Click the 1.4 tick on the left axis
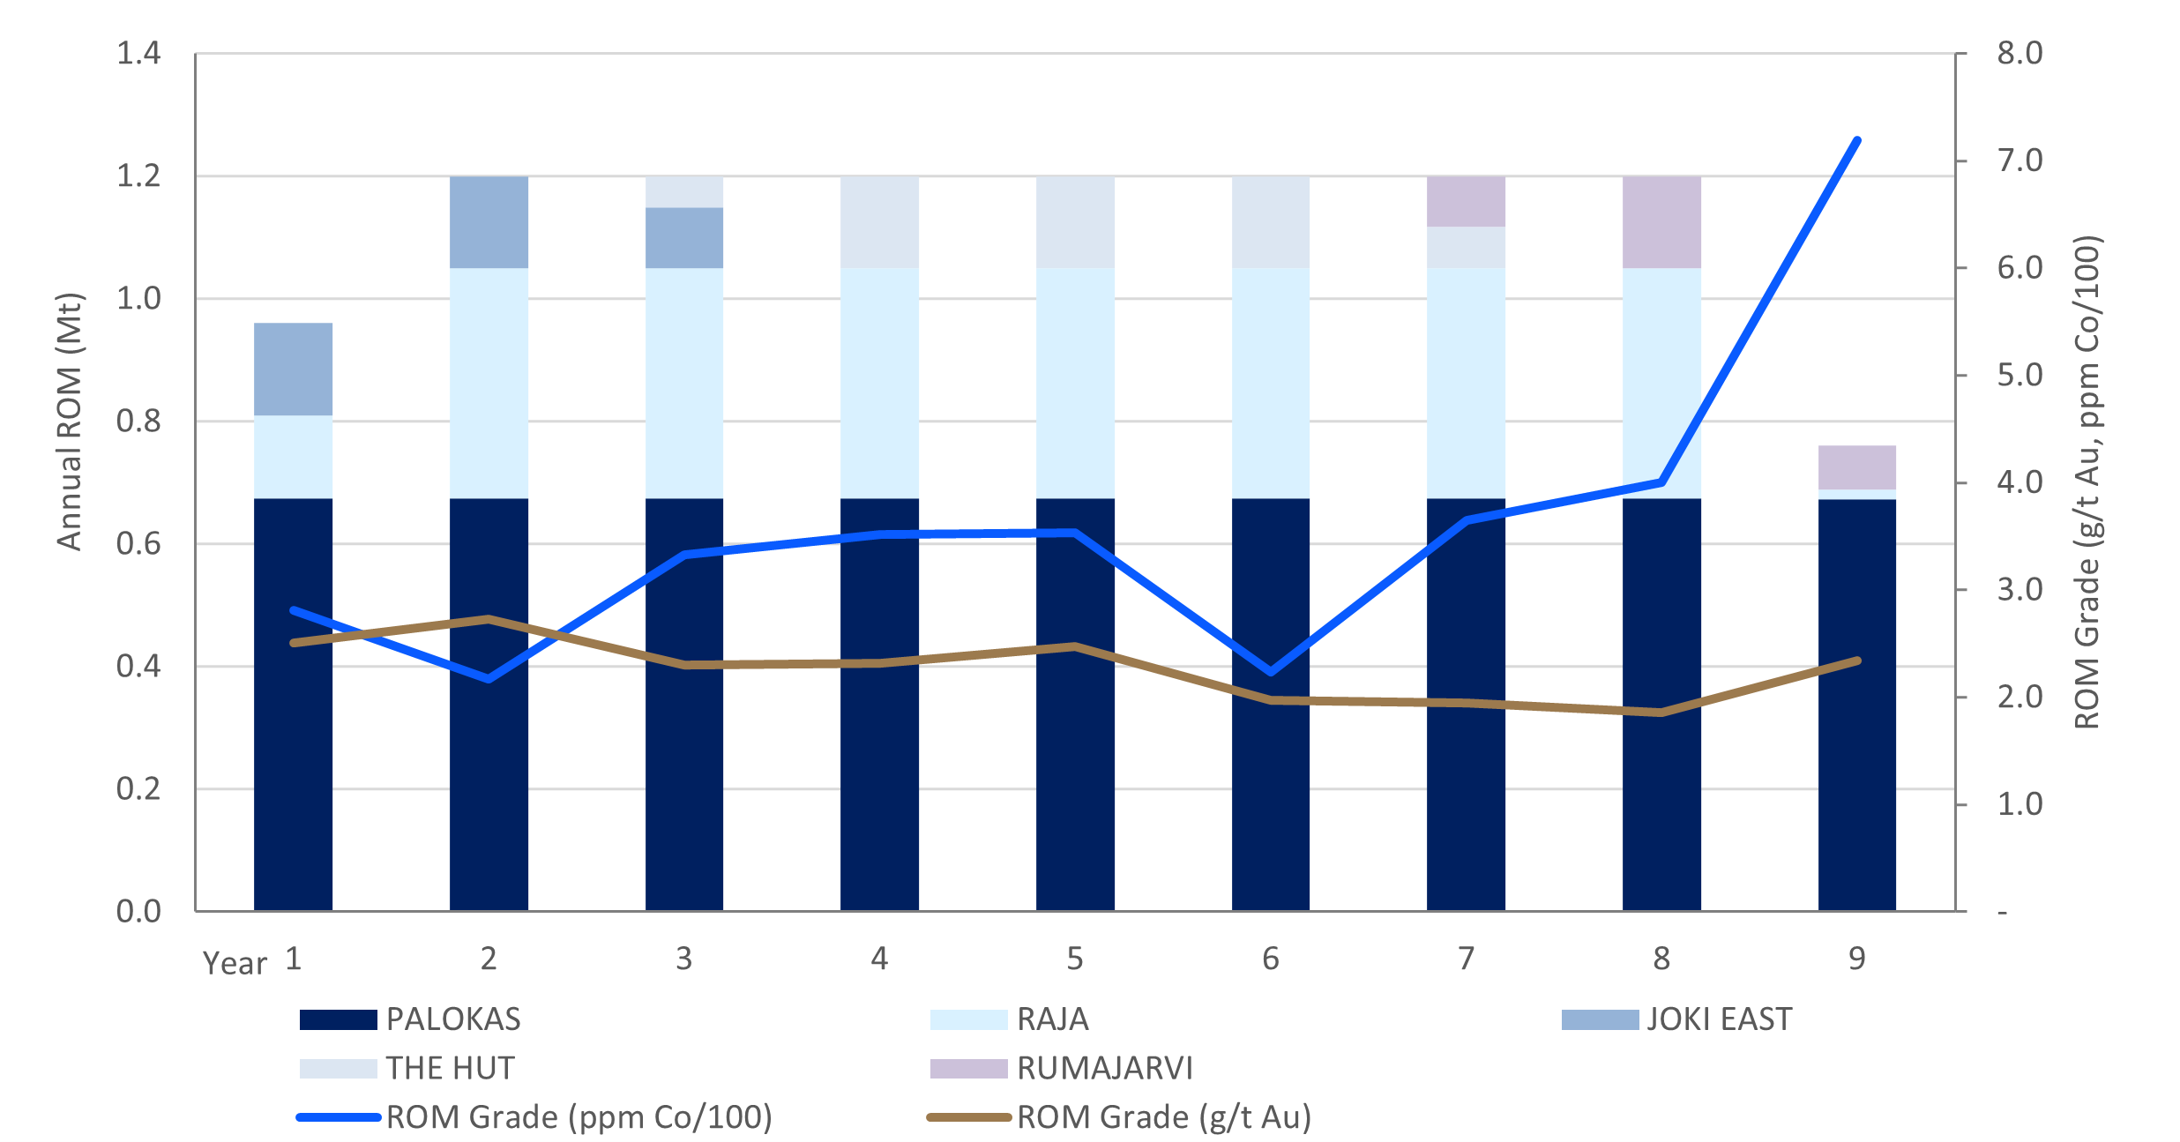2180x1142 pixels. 139,54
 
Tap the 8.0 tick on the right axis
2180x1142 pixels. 2019,54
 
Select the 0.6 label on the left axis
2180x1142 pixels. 139,544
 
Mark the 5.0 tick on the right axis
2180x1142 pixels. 2019,376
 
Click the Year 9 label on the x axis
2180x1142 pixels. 1856,959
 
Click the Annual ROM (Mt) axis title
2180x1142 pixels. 69,422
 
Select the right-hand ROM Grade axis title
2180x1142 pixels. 2087,481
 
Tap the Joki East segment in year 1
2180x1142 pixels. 293,369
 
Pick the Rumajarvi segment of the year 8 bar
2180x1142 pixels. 1661,222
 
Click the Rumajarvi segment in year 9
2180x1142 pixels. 1856,467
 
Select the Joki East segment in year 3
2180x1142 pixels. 684,238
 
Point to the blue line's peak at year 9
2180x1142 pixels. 1857,140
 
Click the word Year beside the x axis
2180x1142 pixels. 235,964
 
